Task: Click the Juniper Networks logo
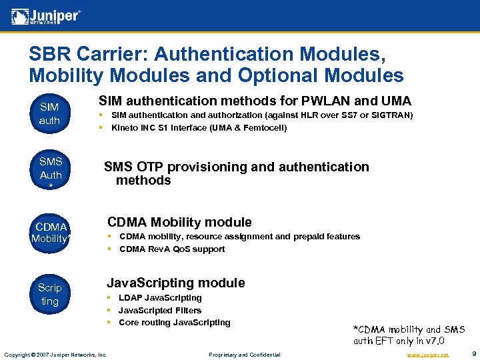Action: point(46,15)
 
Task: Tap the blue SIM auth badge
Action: point(49,114)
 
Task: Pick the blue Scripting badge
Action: point(49,295)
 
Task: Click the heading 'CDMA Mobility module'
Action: point(179,222)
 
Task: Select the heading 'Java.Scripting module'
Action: point(176,283)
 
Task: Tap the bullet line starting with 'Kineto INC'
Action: point(199,128)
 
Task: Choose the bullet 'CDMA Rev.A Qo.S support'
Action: point(172,249)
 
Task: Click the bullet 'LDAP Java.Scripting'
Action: point(160,298)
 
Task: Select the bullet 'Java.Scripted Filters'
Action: point(160,311)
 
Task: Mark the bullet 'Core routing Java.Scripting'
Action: point(175,323)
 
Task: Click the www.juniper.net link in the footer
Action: point(428,355)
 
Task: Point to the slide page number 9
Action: point(473,354)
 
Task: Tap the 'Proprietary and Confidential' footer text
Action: point(245,355)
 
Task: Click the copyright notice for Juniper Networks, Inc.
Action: point(55,355)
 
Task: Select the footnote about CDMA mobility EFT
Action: point(408,335)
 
